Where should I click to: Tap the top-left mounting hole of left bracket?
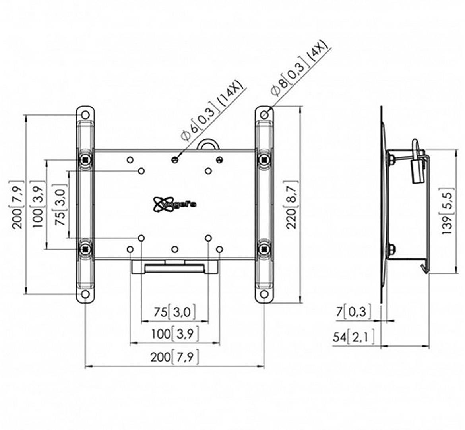(x=85, y=115)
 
